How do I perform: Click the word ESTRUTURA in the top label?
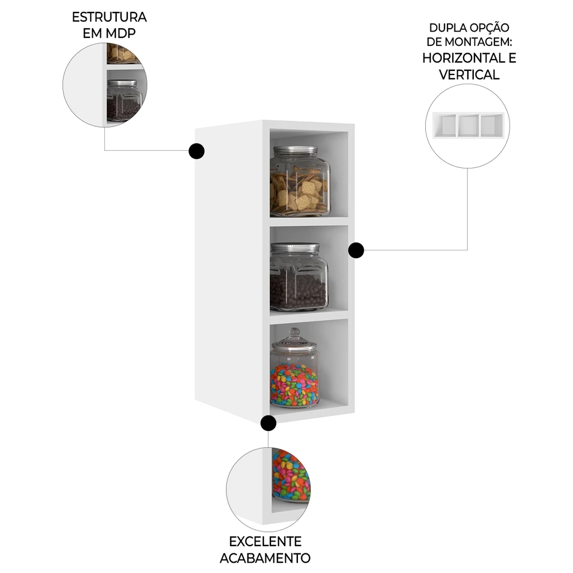click(109, 17)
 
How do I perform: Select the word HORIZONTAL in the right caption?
click(464, 57)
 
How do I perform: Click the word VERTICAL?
click(469, 74)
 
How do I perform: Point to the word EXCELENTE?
click(265, 541)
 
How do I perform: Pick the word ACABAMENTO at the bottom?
click(265, 558)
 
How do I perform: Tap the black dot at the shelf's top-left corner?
click(196, 151)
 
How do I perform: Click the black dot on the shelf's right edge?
click(356, 250)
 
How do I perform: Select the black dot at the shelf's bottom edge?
click(268, 423)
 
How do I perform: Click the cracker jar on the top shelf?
click(299, 183)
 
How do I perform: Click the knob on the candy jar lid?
click(294, 332)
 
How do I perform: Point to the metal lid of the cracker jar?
click(295, 151)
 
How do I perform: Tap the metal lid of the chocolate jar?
click(295, 248)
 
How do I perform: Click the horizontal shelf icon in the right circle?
click(468, 125)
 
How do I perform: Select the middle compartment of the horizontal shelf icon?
click(468, 125)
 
